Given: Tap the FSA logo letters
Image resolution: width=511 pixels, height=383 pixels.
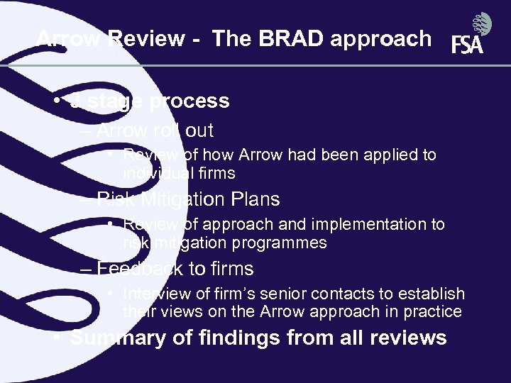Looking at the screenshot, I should [x=467, y=45].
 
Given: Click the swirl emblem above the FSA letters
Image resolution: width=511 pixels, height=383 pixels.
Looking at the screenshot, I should [x=483, y=25].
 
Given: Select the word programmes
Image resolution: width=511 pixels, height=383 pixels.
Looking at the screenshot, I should [x=285, y=243].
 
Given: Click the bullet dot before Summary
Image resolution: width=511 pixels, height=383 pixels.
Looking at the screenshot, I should [x=57, y=338].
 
